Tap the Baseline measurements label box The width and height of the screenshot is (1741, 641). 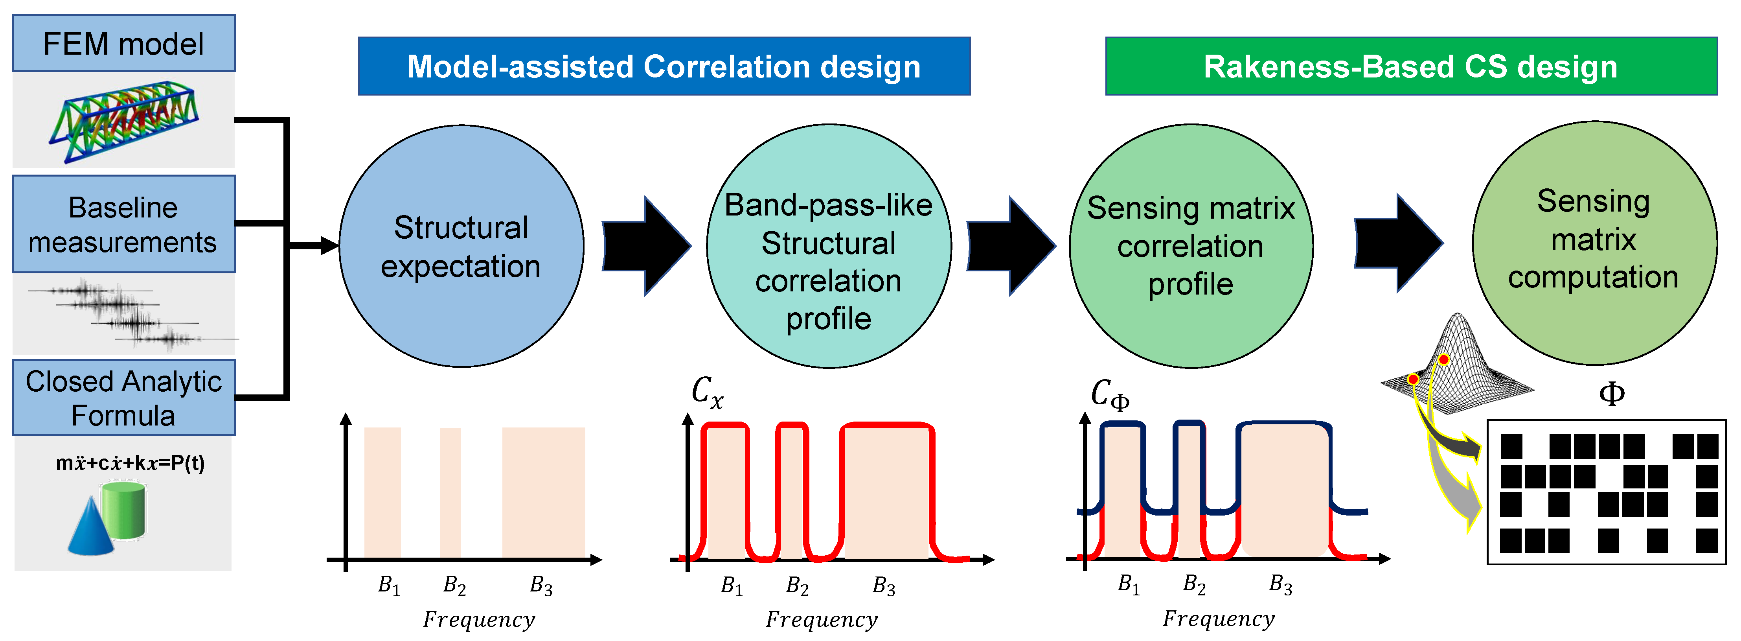(x=124, y=225)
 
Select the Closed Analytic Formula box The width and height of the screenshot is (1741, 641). (x=124, y=398)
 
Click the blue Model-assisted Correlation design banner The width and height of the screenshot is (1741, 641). (x=664, y=66)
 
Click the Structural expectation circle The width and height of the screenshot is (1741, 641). (x=461, y=246)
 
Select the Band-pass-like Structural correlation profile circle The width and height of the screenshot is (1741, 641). (x=829, y=246)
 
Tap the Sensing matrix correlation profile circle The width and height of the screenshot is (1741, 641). (x=1191, y=246)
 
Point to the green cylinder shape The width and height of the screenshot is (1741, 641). (x=124, y=510)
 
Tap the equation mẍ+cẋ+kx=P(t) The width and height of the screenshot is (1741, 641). (x=130, y=463)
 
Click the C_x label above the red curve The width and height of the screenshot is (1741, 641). (x=707, y=392)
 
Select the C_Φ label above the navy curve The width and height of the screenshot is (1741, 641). (x=1109, y=394)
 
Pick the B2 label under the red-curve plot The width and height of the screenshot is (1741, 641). (x=798, y=586)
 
